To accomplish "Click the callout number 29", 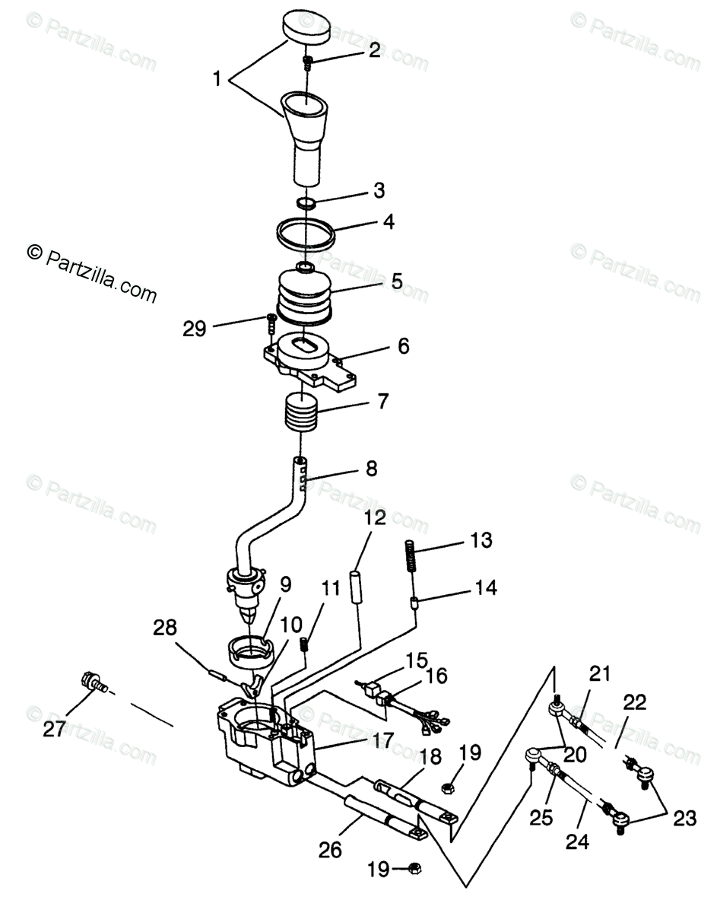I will pos(195,329).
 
